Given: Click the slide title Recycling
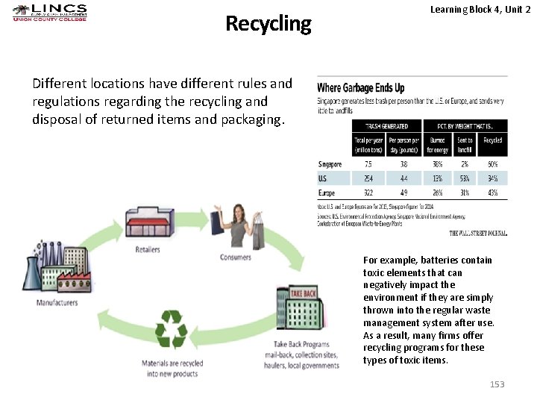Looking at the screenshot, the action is pos(268,24).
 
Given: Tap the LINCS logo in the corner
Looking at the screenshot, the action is pos(50,12).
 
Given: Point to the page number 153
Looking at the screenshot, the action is pos(497,384).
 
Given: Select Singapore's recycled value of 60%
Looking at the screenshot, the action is pos(492,164).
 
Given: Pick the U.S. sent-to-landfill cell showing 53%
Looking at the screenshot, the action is pos(464,178).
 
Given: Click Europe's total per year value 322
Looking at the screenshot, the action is pos(369,193).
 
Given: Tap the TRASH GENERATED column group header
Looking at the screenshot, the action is pos(386,126).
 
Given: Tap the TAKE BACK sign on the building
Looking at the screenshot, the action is pos(303,293).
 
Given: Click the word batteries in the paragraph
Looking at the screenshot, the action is pos(430,260).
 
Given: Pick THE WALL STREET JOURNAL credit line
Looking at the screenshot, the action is pos(478,233).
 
